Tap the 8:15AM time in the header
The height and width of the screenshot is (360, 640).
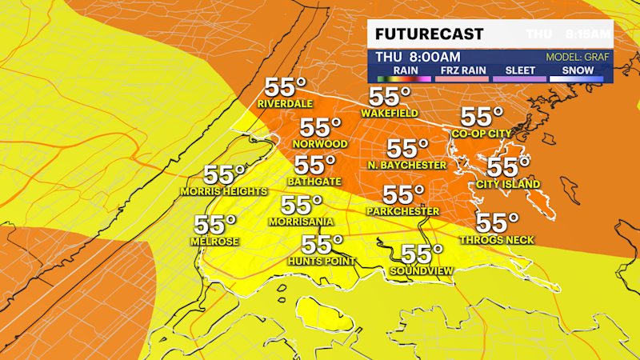tap(588, 35)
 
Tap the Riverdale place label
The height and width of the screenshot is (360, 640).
tap(283, 104)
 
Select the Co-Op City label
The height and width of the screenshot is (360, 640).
tap(482, 134)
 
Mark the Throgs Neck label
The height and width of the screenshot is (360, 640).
tap(496, 239)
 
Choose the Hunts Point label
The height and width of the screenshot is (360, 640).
tap(322, 261)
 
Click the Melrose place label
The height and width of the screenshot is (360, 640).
tap(215, 241)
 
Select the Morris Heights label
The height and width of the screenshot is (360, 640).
tap(223, 191)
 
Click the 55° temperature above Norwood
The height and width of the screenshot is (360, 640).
tap(321, 128)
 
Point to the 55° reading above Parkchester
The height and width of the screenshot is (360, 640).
tap(403, 195)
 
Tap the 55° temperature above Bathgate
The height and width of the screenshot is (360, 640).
tap(315, 166)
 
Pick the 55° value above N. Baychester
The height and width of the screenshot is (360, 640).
tap(407, 149)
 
